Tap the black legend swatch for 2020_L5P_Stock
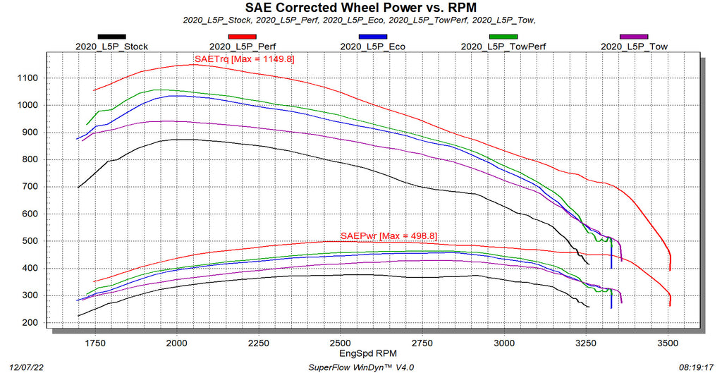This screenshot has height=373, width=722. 111,36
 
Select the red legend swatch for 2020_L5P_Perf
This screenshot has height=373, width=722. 241,36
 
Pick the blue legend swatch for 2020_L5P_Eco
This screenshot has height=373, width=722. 372,36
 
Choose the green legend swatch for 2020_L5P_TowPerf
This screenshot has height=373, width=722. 503,36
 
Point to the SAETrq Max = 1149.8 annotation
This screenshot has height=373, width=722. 243,59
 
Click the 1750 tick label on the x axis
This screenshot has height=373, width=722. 94,343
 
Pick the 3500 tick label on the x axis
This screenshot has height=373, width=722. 668,343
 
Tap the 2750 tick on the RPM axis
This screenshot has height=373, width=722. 422,343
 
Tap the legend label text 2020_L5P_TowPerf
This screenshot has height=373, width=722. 503,47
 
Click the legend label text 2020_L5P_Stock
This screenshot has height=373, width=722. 111,47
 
